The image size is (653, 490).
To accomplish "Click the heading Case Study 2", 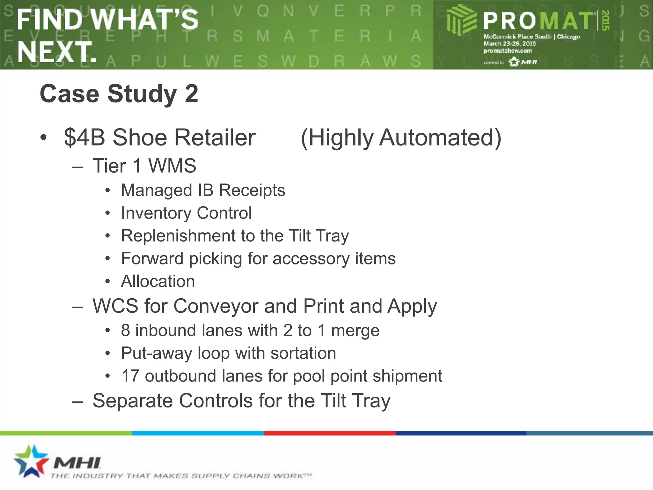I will click(119, 94).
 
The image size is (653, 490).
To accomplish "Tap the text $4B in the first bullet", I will click(84, 137).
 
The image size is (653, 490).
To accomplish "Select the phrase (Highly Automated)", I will click(401, 138).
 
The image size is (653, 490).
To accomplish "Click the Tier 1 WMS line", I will click(144, 166).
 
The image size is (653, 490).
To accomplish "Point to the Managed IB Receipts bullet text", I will click(203, 190).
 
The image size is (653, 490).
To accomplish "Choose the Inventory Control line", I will click(186, 213).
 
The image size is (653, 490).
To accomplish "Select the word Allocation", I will click(158, 281).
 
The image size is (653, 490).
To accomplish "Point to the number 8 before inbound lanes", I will click(126, 330).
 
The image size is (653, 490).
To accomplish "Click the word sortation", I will click(303, 353).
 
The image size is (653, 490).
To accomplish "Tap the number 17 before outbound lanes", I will click(130, 376).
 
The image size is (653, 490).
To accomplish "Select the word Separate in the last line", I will click(133, 401).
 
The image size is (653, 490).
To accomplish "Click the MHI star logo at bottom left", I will click(31, 461).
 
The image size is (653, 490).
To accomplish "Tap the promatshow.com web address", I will click(508, 51).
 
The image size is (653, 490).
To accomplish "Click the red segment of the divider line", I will click(329, 433).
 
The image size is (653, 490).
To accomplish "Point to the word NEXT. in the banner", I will click(57, 52).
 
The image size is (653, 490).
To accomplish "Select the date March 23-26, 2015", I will click(510, 44).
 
